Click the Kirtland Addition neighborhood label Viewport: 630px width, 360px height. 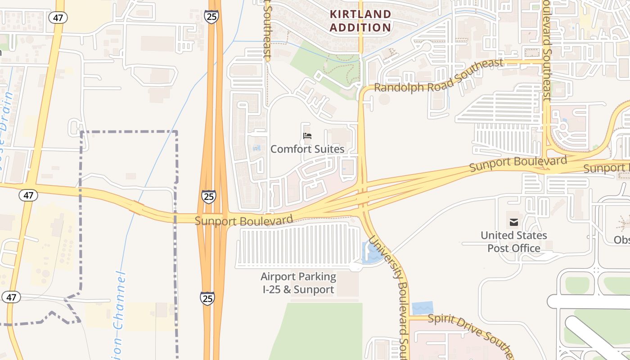[x=360, y=21]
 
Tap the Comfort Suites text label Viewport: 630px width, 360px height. [x=307, y=149]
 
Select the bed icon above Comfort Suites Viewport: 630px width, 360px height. [x=307, y=136]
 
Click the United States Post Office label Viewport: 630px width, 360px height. [x=513, y=242]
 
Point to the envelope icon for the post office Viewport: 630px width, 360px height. [x=513, y=222]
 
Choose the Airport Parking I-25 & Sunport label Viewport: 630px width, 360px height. [x=298, y=283]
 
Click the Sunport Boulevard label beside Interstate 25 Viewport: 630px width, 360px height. [x=244, y=220]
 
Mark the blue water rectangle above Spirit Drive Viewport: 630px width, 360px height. [x=422, y=308]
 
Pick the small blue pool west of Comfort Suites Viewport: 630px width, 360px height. [x=257, y=148]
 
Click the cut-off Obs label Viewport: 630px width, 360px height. [x=622, y=239]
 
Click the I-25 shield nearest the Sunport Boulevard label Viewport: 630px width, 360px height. [x=208, y=197]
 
